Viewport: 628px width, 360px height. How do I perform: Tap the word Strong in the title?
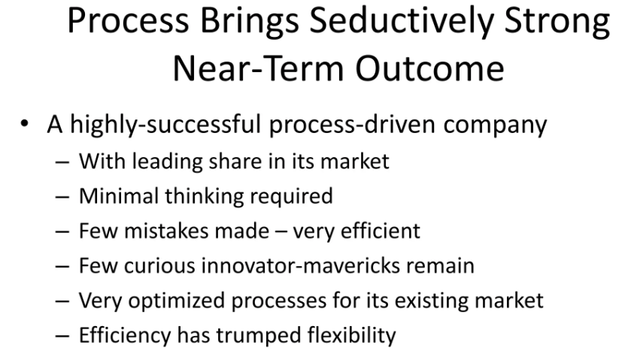coord(557,22)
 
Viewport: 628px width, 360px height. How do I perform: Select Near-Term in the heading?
coord(258,68)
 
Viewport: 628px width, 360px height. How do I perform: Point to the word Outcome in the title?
coord(429,68)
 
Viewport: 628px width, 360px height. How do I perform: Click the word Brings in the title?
coord(249,22)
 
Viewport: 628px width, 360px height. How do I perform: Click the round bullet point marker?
coord(24,123)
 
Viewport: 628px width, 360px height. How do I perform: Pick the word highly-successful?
coord(165,125)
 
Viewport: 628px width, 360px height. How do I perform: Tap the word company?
coord(495,126)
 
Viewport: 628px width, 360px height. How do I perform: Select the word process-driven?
coord(352,125)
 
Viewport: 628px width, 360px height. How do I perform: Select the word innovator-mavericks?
coord(300,265)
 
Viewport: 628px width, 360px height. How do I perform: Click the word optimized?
coord(176,301)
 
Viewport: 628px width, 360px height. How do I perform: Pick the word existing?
coord(431,301)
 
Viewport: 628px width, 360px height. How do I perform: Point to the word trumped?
coord(259,336)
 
